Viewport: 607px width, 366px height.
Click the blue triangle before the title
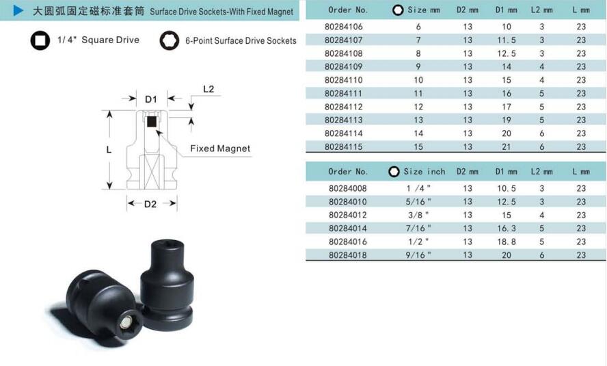[18, 10]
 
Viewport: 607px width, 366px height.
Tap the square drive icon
[40, 40]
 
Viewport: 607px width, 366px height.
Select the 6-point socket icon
[169, 40]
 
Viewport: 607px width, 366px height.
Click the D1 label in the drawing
[151, 99]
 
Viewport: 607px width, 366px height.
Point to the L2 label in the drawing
[208, 89]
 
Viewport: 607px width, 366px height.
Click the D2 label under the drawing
[150, 204]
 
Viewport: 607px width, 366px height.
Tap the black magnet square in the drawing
[152, 122]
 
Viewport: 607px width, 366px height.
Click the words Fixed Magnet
[220, 148]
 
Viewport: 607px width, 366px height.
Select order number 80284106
[344, 27]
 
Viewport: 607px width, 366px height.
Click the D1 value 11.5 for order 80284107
[507, 40]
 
